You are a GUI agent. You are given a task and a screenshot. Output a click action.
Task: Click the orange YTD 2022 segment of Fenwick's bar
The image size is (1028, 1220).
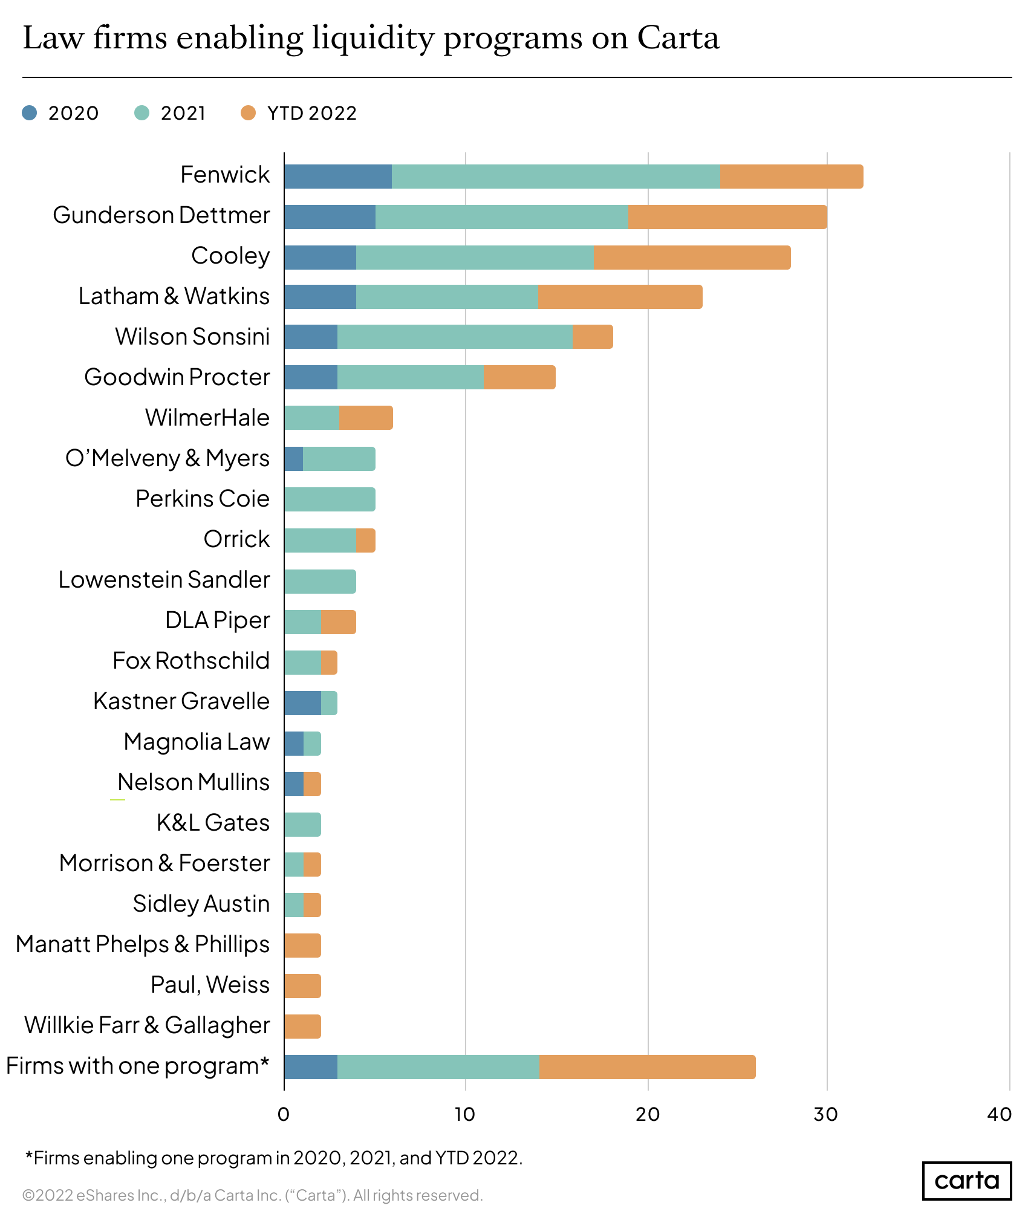[x=791, y=177]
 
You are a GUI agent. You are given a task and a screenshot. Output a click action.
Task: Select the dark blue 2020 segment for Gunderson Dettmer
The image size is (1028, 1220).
[x=330, y=217]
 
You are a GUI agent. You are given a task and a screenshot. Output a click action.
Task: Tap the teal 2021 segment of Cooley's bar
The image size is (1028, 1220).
[x=475, y=258]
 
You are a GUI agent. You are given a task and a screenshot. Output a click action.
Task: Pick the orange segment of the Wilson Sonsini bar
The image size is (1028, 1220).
[x=593, y=337]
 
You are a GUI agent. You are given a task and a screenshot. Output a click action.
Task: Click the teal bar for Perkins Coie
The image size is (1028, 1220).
[x=330, y=499]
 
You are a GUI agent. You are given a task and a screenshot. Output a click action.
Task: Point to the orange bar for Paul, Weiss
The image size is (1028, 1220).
[x=302, y=986]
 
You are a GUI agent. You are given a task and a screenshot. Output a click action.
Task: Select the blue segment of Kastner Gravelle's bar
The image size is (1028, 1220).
[x=302, y=703]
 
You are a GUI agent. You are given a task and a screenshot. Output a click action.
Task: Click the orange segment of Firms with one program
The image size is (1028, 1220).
[x=647, y=1067]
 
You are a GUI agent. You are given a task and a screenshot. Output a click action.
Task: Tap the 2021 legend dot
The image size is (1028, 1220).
[x=142, y=113]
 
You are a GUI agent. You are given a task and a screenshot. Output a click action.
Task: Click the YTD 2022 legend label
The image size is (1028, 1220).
[x=312, y=113]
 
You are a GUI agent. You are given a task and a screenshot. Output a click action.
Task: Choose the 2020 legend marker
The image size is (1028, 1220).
[x=29, y=113]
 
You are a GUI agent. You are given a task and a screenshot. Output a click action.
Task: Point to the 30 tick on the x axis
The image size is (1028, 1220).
[x=826, y=1115]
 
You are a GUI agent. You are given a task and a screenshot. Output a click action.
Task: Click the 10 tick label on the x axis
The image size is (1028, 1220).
[x=465, y=1115]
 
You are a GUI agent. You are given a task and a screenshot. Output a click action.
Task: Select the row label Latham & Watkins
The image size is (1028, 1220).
[x=174, y=297]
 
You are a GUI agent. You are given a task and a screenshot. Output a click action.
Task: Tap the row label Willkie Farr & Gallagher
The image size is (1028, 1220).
[x=147, y=1026]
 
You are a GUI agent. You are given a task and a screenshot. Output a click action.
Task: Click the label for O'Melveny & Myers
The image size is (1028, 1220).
[x=168, y=459]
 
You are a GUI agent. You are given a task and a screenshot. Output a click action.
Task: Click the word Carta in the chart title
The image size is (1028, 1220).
[x=678, y=38]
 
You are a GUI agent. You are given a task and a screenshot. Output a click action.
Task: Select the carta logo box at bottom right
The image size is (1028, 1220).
[x=966, y=1180]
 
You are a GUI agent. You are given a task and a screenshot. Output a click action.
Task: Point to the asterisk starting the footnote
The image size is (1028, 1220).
[x=28, y=1155]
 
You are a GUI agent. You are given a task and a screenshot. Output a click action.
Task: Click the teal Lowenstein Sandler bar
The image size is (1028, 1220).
[x=320, y=581]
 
